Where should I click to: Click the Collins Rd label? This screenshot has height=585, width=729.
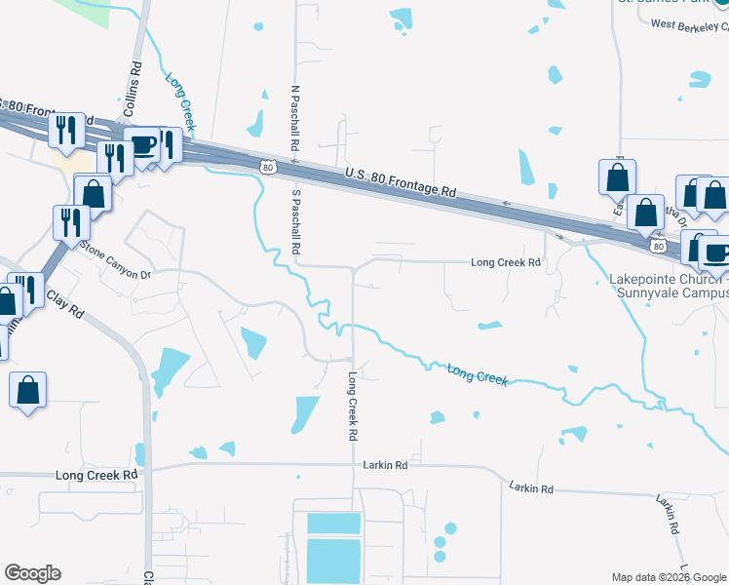click(135, 84)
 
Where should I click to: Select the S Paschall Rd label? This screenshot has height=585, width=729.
click(294, 221)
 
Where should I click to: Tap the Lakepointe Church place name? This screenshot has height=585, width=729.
click(668, 286)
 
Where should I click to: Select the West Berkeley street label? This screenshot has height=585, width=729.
click(689, 24)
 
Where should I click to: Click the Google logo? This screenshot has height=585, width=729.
click(32, 573)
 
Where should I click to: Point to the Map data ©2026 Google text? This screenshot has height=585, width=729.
click(669, 577)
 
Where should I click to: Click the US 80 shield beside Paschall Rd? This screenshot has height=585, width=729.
click(268, 168)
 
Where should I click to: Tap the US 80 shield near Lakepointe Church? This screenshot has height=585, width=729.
click(659, 246)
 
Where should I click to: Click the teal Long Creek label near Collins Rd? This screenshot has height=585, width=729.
click(181, 102)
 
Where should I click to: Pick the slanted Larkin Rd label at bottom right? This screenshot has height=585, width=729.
click(667, 515)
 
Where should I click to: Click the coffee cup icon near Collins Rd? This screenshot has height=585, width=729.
click(142, 145)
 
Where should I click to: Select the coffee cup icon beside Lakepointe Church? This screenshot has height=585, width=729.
click(716, 252)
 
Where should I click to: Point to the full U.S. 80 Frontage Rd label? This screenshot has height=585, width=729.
click(401, 181)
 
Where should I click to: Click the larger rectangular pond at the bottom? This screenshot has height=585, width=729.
click(333, 559)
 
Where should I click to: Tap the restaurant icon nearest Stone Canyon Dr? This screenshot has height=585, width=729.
click(71, 222)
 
